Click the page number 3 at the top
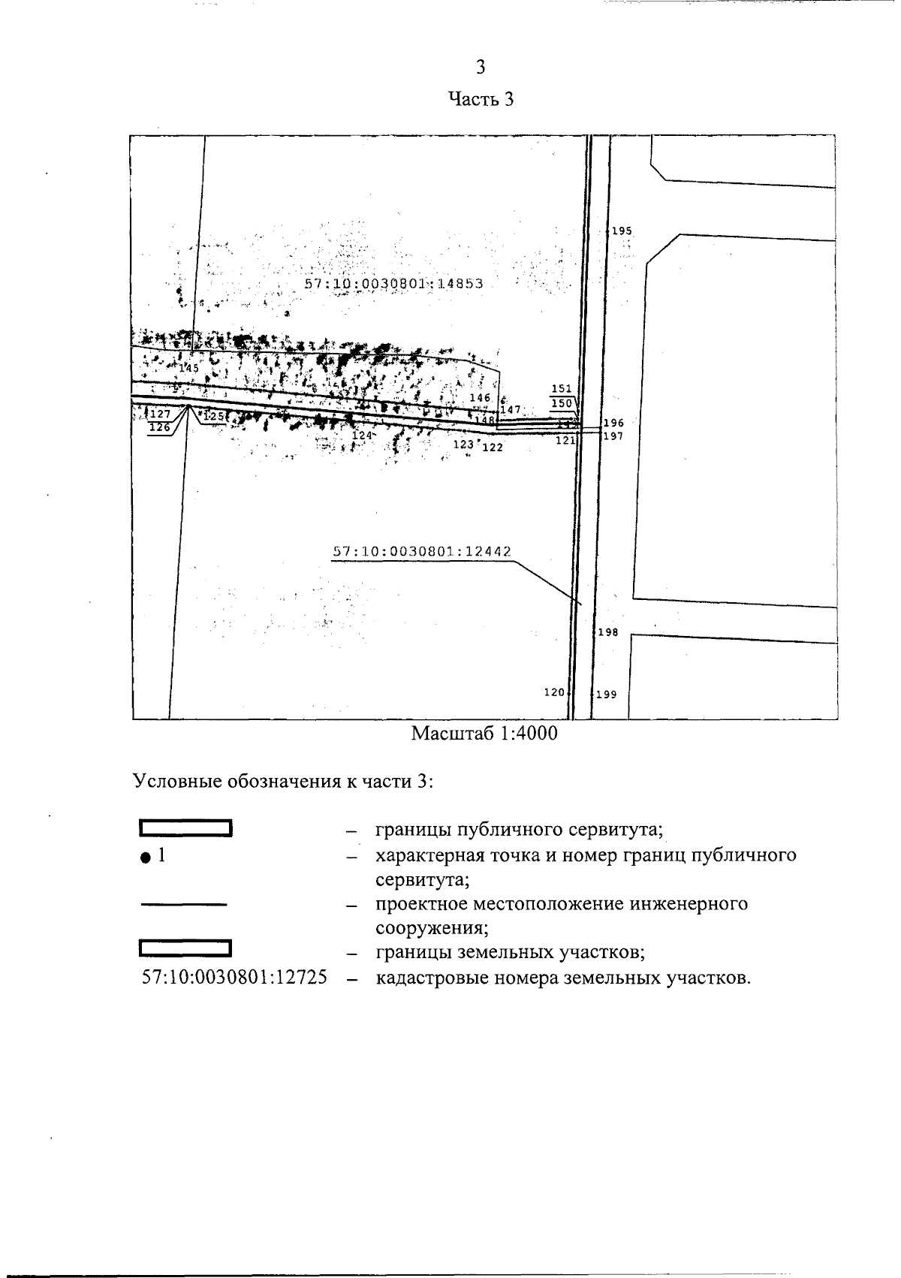click(x=481, y=68)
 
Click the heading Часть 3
click(x=481, y=99)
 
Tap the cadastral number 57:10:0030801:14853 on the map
click(x=393, y=284)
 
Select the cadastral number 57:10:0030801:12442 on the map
click(x=421, y=551)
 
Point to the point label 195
click(x=622, y=231)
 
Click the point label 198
click(x=607, y=633)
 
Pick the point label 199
click(x=606, y=695)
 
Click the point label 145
click(x=188, y=368)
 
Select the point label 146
click(x=479, y=398)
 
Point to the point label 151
click(x=561, y=389)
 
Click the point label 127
click(x=160, y=414)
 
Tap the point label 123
click(x=464, y=445)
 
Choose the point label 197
click(x=613, y=436)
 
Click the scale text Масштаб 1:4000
click(x=484, y=734)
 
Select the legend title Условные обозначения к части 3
click(x=284, y=781)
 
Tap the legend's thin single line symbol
click(x=184, y=905)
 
